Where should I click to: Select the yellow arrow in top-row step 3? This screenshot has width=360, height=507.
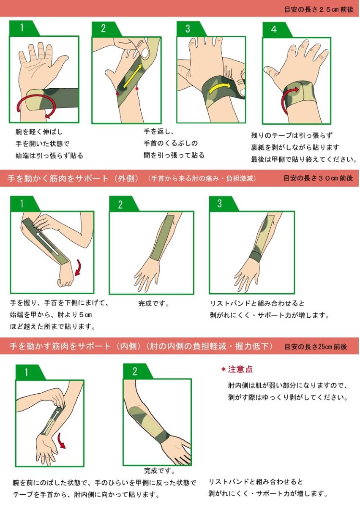(219, 87)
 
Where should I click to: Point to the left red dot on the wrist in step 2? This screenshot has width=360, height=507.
(117, 93)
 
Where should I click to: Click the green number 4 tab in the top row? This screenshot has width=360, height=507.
(277, 30)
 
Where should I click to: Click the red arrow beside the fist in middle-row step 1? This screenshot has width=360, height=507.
(78, 268)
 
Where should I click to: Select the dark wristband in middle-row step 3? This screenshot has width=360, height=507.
(255, 256)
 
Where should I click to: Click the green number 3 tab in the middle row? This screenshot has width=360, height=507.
(224, 204)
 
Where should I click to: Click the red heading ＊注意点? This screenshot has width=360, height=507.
(237, 370)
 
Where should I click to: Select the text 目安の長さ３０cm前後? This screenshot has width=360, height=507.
(318, 178)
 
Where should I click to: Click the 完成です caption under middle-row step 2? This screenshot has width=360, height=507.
(154, 303)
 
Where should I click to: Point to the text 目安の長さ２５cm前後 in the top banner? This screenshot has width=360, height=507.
(319, 10)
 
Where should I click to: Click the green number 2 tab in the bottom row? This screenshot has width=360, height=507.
(138, 371)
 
